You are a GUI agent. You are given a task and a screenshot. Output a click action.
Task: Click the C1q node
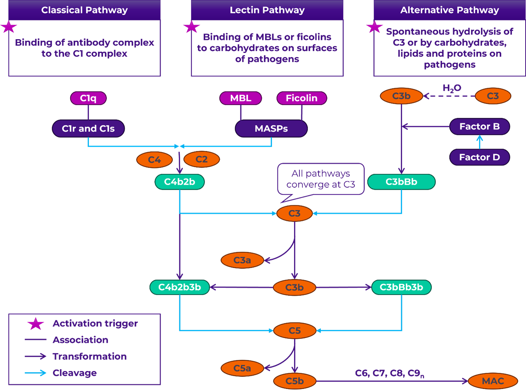88,98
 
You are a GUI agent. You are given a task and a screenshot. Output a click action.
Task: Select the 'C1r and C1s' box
88,129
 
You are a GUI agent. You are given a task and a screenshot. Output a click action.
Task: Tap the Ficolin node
301,98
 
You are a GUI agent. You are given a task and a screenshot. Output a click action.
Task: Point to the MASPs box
271,129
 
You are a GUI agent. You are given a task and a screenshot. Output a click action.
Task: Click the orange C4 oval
154,160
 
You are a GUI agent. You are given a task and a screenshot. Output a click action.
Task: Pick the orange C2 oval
201,160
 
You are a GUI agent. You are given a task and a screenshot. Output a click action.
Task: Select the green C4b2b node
179,182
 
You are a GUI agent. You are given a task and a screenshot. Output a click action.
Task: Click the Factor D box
479,157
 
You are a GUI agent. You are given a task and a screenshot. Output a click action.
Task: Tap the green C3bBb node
401,182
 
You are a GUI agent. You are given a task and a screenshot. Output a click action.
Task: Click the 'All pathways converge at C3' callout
320,179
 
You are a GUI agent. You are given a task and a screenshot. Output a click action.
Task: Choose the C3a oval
242,260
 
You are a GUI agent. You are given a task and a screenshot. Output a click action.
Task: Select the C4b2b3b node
179,287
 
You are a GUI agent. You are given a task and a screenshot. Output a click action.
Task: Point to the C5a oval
242,368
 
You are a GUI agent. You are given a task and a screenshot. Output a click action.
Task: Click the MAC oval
493,381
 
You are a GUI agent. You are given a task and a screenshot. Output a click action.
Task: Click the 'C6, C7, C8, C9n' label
389,373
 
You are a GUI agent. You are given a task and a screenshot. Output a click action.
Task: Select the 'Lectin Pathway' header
267,10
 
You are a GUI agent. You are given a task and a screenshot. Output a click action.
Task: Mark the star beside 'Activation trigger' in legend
35,324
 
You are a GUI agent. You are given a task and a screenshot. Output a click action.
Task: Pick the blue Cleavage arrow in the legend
35,373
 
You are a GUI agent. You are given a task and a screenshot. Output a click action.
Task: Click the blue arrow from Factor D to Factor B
479,142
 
